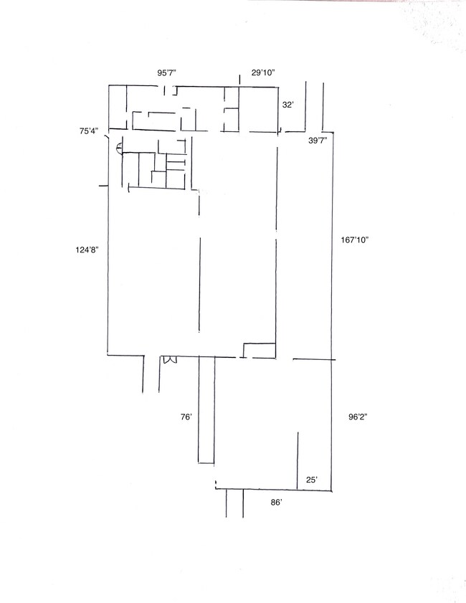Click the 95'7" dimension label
click(x=167, y=72)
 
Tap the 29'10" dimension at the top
click(x=263, y=72)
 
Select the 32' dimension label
click(x=288, y=105)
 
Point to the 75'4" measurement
click(x=89, y=131)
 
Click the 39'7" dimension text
click(x=318, y=141)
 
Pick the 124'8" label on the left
click(x=87, y=250)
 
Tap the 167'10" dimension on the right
click(x=355, y=240)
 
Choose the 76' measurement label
click(x=186, y=417)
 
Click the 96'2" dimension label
click(x=358, y=417)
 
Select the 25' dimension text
click(x=312, y=480)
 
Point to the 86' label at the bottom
click(x=276, y=502)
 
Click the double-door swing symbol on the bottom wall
click(x=169, y=359)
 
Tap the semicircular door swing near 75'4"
click(x=119, y=147)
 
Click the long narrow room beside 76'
click(x=206, y=410)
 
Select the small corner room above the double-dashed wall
click(x=260, y=350)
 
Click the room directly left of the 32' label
click(x=258, y=109)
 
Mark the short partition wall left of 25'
click(x=298, y=461)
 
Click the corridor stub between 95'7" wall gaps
click(x=171, y=91)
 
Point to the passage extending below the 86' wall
click(x=234, y=503)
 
